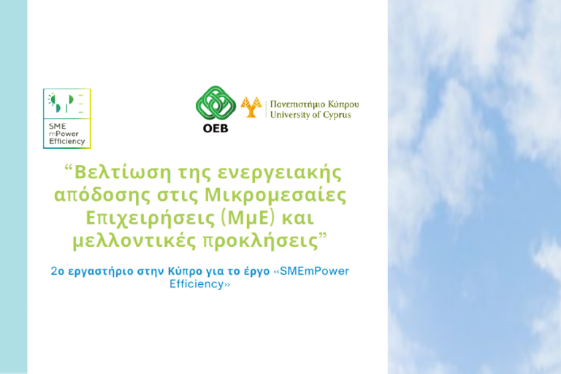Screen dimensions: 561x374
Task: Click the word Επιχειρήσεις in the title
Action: coord(150,218)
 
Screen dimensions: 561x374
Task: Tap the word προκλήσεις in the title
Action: coord(261,241)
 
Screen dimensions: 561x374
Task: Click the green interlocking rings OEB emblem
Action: coord(215,104)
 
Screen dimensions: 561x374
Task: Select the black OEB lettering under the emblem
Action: coord(215,129)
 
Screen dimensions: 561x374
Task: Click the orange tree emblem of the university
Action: coord(251,107)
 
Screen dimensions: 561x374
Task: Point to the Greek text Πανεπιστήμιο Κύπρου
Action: coord(315,104)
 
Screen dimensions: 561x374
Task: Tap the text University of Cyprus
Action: coord(310,115)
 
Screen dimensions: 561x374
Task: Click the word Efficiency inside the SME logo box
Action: coord(67,142)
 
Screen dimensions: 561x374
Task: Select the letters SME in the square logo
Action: coord(58,126)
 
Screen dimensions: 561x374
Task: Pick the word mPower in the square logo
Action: coord(64,134)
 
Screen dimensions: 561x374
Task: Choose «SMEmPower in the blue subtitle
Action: coord(311,271)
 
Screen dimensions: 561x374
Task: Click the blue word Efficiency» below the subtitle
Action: coord(199,284)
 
